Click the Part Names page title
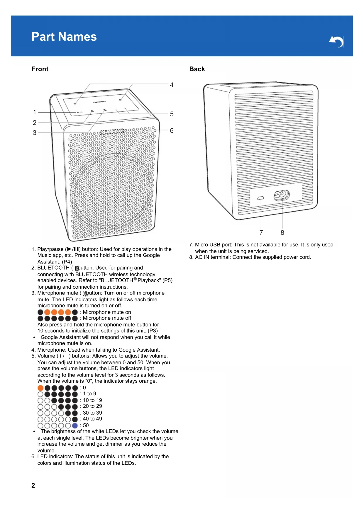64,37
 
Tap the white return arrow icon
336,41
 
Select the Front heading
40,69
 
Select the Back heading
197,69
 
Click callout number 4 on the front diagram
172,85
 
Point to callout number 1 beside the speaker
35,112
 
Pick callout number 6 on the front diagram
172,131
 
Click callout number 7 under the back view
261,233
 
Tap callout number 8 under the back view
282,233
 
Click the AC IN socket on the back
282,195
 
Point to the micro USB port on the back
260,198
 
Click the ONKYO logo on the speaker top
99,102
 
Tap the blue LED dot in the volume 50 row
75,426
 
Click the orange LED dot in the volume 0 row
40,388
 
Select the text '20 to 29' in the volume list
92,406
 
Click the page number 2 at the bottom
33,486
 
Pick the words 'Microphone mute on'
107,312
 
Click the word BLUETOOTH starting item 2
53,268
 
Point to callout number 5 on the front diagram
172,114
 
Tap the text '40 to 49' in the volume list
92,419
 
